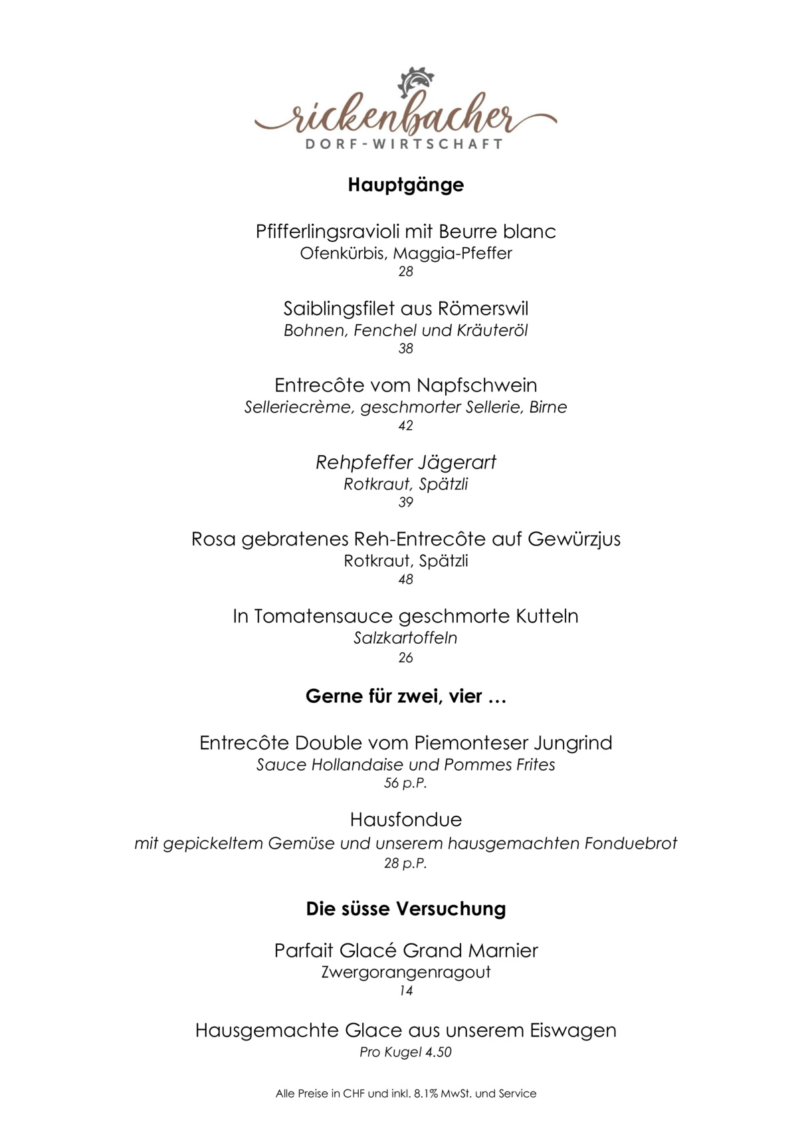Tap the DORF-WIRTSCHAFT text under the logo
405,144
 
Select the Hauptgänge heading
405,185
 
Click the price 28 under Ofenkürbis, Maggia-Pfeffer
405,272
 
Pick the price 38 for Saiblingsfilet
405,349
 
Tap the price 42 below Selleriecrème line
405,426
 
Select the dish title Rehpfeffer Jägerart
405,462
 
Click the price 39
405,502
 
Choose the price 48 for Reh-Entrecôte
405,579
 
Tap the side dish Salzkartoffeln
405,638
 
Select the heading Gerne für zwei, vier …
405,697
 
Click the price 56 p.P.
405,783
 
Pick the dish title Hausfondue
405,820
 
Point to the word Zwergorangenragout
405,973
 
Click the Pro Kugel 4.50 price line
405,1052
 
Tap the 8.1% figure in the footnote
426,1094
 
